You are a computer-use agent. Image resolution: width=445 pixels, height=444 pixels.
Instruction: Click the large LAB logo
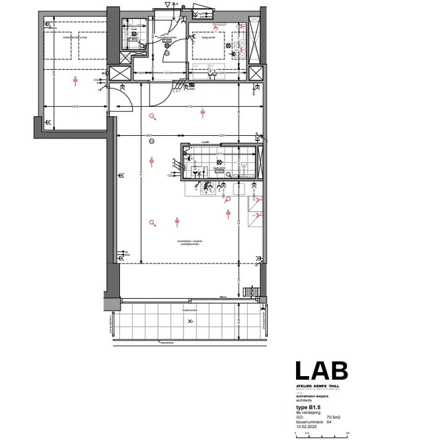click(x=321, y=371)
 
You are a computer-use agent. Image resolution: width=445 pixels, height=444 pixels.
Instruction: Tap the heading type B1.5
click(x=310, y=408)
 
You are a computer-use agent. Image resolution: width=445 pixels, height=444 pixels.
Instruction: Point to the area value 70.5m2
click(x=334, y=417)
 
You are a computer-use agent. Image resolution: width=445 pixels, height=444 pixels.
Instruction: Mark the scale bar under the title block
click(x=322, y=434)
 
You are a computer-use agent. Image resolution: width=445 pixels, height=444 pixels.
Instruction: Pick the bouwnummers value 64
click(x=329, y=422)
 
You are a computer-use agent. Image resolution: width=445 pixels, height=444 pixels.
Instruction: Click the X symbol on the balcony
click(x=190, y=322)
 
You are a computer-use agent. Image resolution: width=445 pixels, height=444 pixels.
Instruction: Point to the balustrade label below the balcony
click(x=167, y=341)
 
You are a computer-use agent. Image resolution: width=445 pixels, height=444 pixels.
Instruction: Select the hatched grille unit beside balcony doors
click(x=252, y=291)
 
